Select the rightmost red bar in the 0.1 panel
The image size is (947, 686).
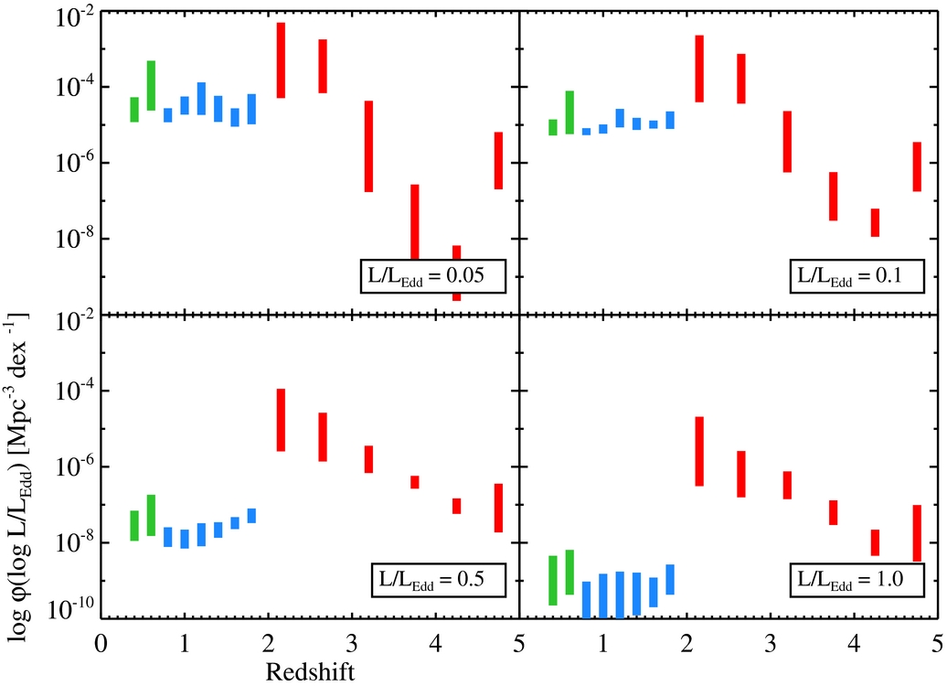point(917,166)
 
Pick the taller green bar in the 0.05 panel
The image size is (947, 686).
point(151,86)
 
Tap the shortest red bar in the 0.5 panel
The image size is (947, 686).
point(414,482)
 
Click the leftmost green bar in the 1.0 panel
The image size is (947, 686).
point(553,580)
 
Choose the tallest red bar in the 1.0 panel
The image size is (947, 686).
point(699,451)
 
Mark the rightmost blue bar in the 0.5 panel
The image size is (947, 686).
point(251,516)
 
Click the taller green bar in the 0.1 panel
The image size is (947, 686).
point(569,113)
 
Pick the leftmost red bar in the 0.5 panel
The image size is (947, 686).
point(282,420)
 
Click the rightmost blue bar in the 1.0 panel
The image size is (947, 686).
point(670,580)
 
